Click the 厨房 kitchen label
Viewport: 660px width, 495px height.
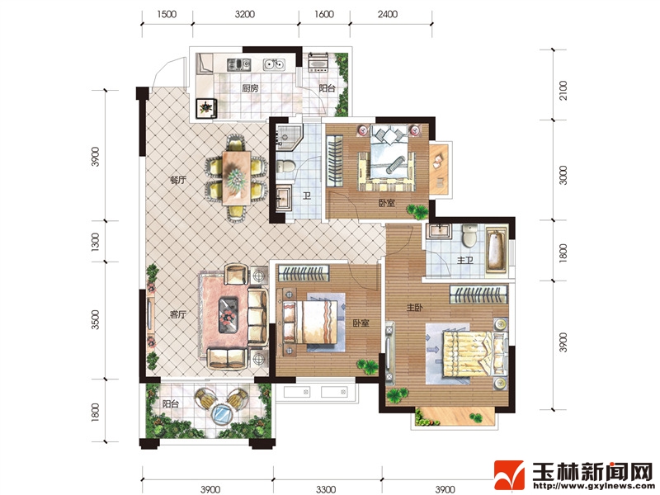pos(250,88)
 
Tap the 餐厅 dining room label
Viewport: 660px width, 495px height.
pos(177,180)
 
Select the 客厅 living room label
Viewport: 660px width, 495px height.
pos(178,314)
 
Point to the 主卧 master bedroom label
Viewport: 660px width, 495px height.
pos(415,308)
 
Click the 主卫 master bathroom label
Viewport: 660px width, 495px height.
pos(465,261)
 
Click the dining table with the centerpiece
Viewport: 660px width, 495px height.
pos(236,178)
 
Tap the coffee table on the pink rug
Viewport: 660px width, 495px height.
pos(229,315)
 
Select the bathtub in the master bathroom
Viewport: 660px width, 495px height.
pos(497,249)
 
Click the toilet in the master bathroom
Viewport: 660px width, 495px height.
pos(469,236)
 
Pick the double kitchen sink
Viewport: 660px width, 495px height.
pos(274,65)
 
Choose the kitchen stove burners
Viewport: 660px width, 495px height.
pos(239,64)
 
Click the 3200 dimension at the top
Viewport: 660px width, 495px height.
pos(245,14)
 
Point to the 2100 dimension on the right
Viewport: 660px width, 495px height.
pos(563,91)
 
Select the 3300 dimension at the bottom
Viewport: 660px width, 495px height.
pos(326,489)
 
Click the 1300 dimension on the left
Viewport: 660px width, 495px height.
pos(96,242)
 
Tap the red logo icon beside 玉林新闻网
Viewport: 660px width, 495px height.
pos(509,475)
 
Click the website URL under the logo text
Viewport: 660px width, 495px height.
pos(592,485)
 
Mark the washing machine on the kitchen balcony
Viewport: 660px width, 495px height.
pos(318,63)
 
